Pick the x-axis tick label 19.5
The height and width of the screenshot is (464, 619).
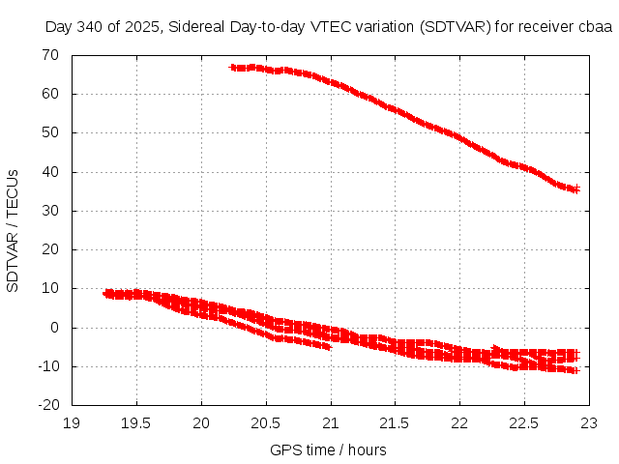(136, 422)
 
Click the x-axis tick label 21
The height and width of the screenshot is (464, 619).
(331, 422)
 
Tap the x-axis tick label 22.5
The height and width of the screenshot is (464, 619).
(524, 422)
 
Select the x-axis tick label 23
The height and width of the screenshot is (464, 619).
(589, 422)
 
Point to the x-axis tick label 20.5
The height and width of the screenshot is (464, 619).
(266, 422)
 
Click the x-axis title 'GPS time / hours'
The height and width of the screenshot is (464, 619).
(329, 449)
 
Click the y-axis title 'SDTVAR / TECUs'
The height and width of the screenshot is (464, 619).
(13, 230)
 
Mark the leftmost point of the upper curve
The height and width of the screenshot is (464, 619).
(232, 68)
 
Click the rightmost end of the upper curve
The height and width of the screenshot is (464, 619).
(575, 188)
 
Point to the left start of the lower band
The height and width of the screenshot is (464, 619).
(106, 293)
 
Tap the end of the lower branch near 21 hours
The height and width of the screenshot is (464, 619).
(329, 346)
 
